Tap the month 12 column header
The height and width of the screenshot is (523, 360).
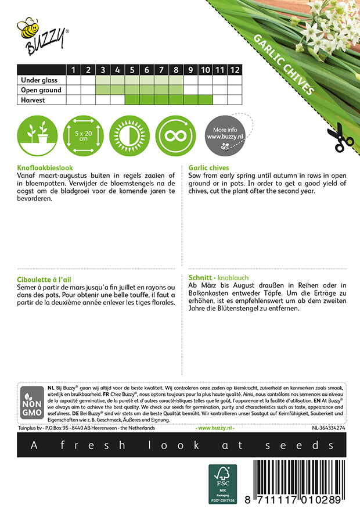pyautogui.click(x=234, y=70)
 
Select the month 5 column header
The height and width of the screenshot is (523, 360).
pyautogui.click(x=132, y=70)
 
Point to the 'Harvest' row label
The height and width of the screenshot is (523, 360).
pyautogui.click(x=33, y=100)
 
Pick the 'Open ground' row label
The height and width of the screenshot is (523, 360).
pyautogui.click(x=41, y=90)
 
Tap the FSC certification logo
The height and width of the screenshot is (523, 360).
pyautogui.click(x=223, y=483)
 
